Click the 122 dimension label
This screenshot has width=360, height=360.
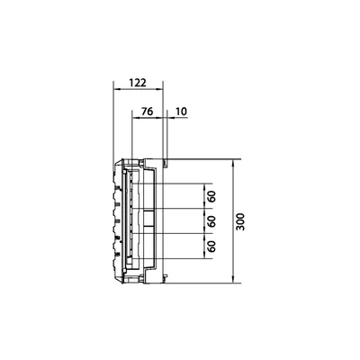tap(138, 82)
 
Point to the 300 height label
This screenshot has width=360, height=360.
tap(240, 221)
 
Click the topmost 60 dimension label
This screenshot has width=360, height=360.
tap(212, 197)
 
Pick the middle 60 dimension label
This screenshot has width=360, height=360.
tap(212, 221)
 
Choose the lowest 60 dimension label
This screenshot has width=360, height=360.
tap(212, 246)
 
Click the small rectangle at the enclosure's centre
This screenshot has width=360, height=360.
tap(148, 220)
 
